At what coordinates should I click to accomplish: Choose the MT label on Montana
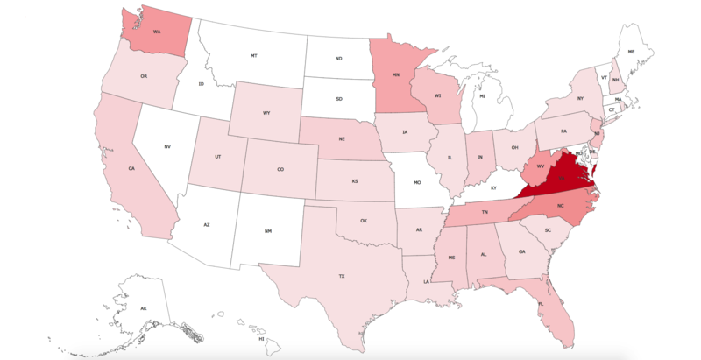[x=253, y=55]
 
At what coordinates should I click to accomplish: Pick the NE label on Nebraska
[x=342, y=139]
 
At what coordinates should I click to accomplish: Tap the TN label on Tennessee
[x=485, y=212]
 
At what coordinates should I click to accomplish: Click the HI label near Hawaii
[x=260, y=338]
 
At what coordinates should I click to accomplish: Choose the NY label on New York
[x=579, y=99]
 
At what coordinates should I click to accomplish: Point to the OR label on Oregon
[x=143, y=76]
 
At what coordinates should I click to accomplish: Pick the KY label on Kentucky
[x=492, y=187]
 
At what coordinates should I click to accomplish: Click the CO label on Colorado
[x=280, y=169]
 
